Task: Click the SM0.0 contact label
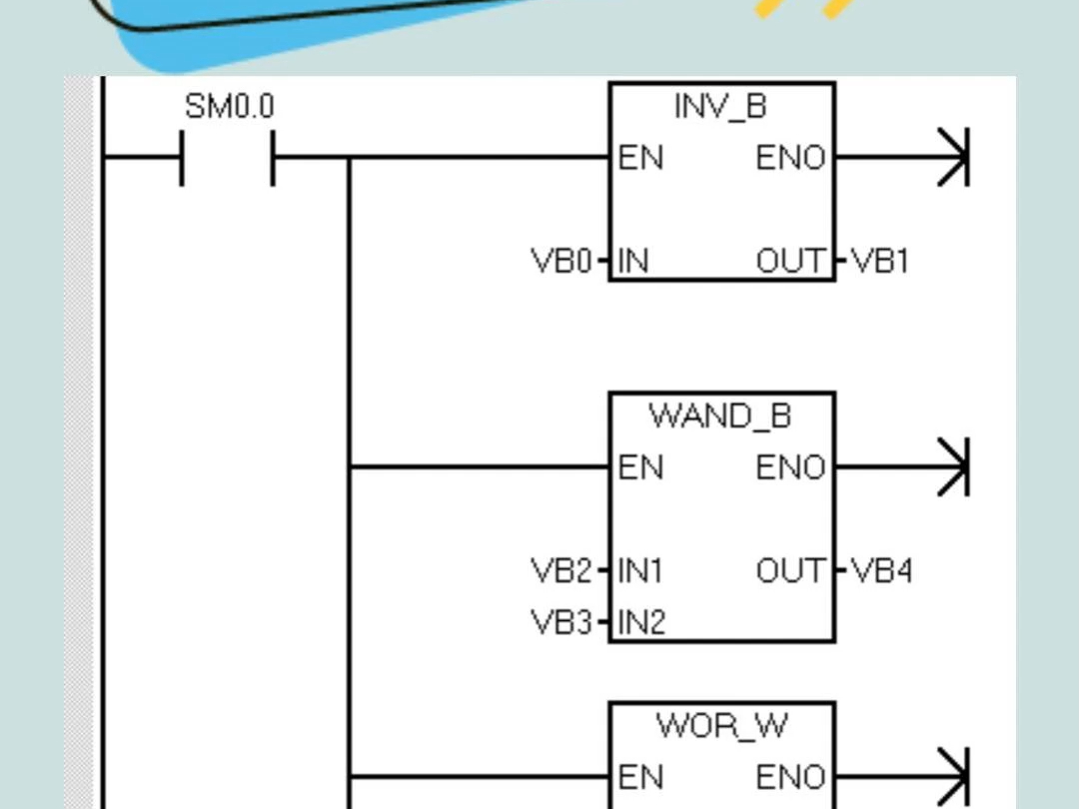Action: pyautogui.click(x=229, y=107)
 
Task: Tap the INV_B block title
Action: pyautogui.click(x=720, y=106)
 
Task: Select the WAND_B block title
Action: pyautogui.click(x=720, y=415)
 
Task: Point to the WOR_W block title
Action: pyautogui.click(x=721, y=725)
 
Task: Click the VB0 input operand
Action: pyautogui.click(x=560, y=262)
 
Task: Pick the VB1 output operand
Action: pyautogui.click(x=880, y=262)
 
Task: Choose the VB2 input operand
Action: pyautogui.click(x=560, y=571)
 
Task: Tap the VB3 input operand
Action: pyautogui.click(x=560, y=623)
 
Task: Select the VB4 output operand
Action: pyautogui.click(x=881, y=571)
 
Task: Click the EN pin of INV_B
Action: pyautogui.click(x=640, y=158)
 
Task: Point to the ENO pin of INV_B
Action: pyautogui.click(x=791, y=158)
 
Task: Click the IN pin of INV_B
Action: pyautogui.click(x=633, y=262)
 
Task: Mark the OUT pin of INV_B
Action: pyautogui.click(x=792, y=262)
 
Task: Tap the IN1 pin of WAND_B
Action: pyautogui.click(x=640, y=571)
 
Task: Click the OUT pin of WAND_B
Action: pyautogui.click(x=792, y=571)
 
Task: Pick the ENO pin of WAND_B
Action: pyautogui.click(x=791, y=467)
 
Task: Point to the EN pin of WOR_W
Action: pyautogui.click(x=640, y=777)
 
